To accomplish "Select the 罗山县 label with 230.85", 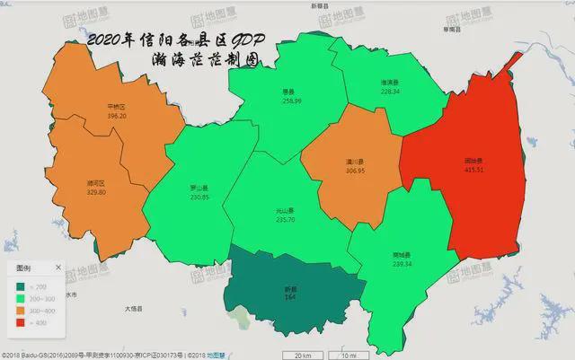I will click(199, 192).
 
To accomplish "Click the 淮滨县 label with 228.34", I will click(390, 86).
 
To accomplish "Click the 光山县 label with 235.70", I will click(286, 215).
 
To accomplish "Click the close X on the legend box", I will click(58, 268).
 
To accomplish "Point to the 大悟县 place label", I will click(135, 309).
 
